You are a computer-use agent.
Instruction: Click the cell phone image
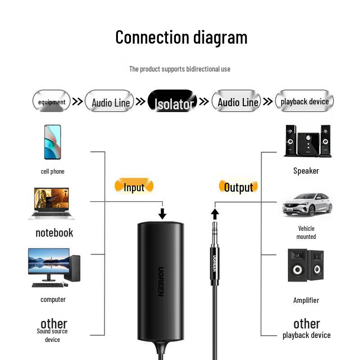(52, 142)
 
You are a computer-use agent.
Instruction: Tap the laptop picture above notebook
(52, 203)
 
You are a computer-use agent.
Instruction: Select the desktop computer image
(54, 267)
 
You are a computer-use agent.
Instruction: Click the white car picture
(307, 205)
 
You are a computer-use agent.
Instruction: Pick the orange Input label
(134, 186)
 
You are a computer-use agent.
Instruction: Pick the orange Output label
(238, 186)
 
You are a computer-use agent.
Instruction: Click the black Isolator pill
(173, 102)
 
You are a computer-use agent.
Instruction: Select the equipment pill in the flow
(52, 102)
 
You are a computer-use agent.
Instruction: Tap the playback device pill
(304, 101)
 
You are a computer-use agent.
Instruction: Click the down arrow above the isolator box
(162, 213)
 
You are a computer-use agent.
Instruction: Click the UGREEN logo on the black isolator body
(161, 281)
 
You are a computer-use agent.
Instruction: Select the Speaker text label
(306, 171)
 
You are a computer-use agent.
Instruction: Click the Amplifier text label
(306, 300)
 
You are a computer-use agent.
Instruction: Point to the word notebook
(54, 233)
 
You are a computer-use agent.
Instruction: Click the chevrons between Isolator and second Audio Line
(204, 102)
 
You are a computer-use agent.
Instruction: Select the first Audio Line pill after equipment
(110, 102)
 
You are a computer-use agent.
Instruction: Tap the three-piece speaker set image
(307, 141)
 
